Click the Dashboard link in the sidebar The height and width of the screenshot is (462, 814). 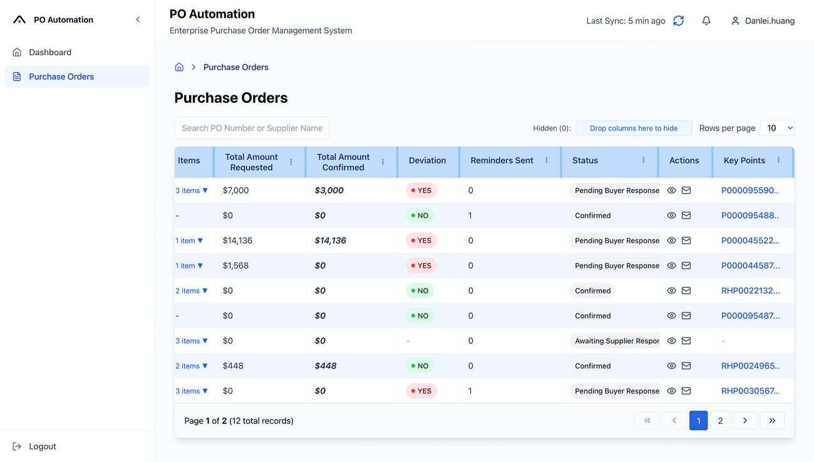[x=50, y=53]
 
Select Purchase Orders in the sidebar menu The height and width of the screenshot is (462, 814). [x=61, y=76]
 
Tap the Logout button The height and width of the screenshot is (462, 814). [x=42, y=446]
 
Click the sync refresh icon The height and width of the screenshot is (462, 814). [x=678, y=21]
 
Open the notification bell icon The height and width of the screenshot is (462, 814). [x=706, y=21]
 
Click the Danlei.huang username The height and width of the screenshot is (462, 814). [x=770, y=21]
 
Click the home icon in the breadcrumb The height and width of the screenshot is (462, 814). [x=179, y=67]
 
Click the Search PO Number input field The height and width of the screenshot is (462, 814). [x=252, y=128]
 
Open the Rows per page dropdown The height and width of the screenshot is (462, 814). [x=777, y=128]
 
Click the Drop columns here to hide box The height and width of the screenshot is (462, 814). [x=634, y=128]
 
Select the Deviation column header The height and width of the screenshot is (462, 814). [x=427, y=160]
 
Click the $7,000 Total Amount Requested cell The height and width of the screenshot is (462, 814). [x=236, y=191]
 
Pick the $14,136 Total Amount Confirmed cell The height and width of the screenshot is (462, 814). [x=331, y=241]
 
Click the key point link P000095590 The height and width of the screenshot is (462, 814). [x=750, y=191]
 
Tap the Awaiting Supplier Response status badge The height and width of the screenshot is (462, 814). [x=616, y=341]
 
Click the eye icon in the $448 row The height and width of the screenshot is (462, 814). [x=671, y=366]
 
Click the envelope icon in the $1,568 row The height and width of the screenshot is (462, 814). [x=686, y=266]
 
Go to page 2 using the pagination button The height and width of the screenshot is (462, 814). [x=720, y=421]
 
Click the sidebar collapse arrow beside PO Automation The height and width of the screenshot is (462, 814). [x=138, y=20]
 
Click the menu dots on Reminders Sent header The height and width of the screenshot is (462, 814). [x=547, y=160]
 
